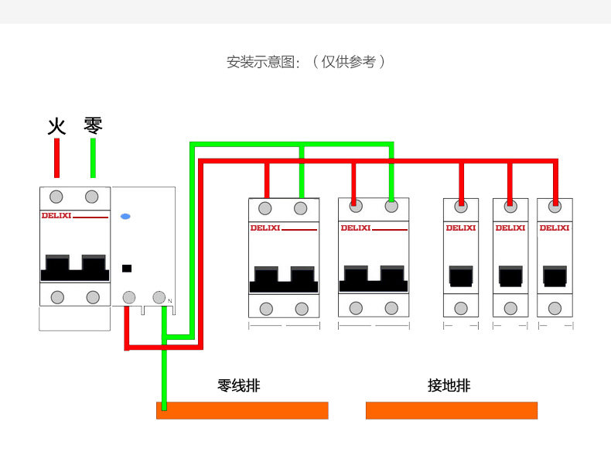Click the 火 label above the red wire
pos(56,125)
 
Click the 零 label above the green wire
pos(93,125)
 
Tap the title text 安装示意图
pos(262,62)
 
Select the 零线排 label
pos(238,385)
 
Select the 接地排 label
pos(449,385)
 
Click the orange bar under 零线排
pos(242,410)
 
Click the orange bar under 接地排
pos(451,410)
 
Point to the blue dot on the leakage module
pos(125,216)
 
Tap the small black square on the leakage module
pos(127,269)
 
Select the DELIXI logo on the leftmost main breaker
pos(56,216)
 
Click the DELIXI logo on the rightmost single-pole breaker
pos(554,228)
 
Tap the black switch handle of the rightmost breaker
pos(555,276)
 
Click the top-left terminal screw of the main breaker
pos(56,195)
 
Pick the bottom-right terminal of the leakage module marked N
pos(159,297)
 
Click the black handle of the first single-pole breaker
pos(461,276)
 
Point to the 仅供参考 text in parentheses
pos(349,62)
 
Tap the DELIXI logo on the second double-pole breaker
pos(356,228)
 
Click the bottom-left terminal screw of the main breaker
pos(56,296)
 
